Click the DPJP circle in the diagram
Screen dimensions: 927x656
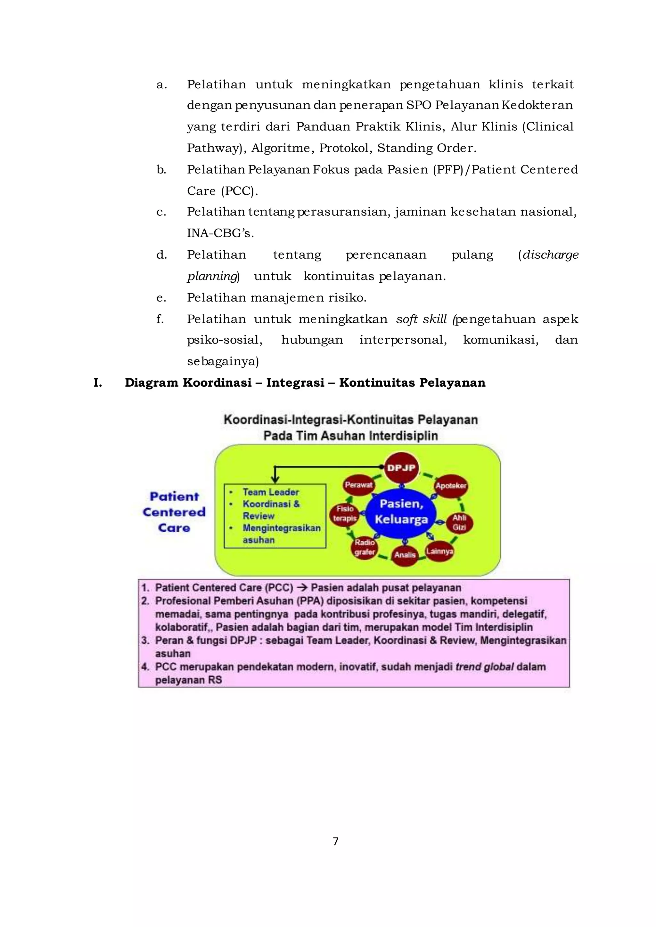click(401, 468)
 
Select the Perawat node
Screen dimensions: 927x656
click(358, 485)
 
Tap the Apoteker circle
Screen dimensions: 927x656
click(451, 486)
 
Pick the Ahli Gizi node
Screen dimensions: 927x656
click(459, 522)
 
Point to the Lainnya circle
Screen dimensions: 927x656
click(439, 552)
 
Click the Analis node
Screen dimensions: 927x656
click(405, 555)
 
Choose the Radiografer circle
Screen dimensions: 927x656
click(365, 547)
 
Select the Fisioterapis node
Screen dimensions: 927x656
click(345, 513)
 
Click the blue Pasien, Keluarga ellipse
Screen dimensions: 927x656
click(401, 512)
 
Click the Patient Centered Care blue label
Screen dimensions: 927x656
click(174, 512)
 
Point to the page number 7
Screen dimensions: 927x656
click(335, 841)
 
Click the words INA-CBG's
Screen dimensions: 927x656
click(220, 233)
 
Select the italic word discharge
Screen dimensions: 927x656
click(551, 255)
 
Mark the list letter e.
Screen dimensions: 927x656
click(161, 298)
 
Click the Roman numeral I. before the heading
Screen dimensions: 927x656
click(97, 383)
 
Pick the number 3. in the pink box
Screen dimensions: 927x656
click(145, 640)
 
